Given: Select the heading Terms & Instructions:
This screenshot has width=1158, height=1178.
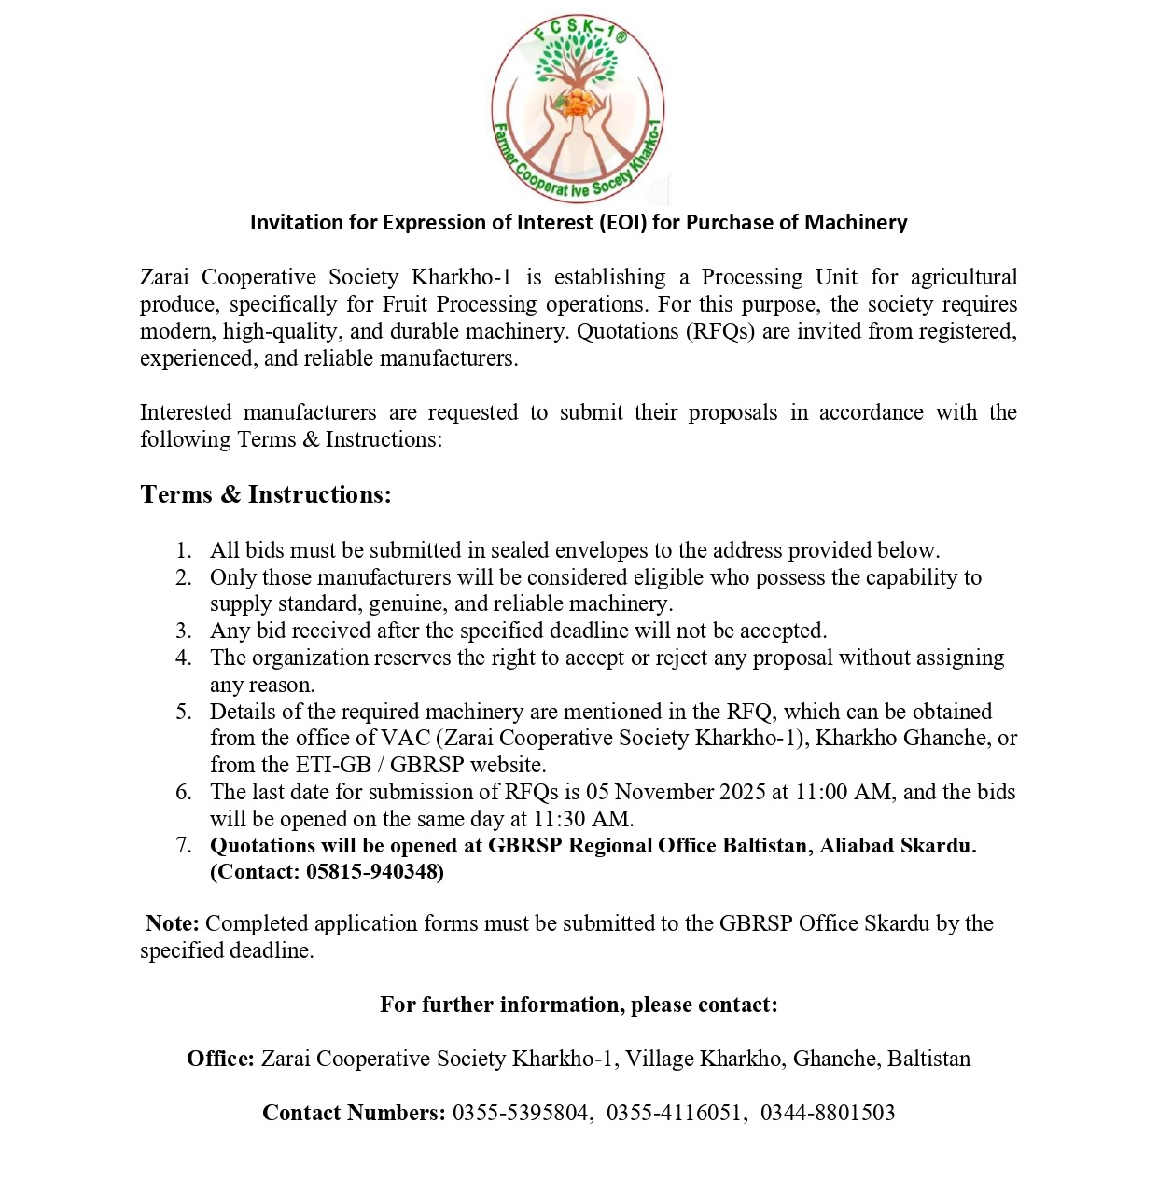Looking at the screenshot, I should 266,494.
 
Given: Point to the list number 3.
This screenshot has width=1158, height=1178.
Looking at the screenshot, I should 184,631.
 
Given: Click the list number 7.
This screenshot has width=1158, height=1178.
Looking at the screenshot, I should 184,846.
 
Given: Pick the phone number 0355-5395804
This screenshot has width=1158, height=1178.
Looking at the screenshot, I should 521,1113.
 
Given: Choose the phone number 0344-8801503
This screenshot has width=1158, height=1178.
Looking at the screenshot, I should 827,1113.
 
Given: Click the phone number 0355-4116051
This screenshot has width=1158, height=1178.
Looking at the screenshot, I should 674,1113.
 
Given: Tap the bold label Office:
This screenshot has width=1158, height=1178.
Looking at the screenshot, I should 220,1059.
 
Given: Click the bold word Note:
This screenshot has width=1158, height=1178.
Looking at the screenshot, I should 173,923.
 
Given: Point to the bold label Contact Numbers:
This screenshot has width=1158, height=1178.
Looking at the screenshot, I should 354,1113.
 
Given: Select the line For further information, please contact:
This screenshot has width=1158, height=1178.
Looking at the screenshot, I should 579,1005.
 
